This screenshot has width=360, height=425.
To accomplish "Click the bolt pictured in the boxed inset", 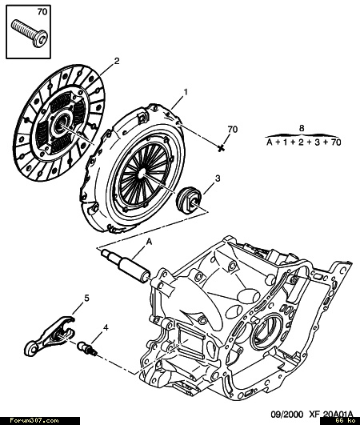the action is click(30, 33).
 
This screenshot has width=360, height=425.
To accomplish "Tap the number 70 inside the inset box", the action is click(42, 12).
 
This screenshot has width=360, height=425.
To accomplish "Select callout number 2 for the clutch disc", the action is click(117, 61).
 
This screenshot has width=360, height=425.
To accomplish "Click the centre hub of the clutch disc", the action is click(60, 124).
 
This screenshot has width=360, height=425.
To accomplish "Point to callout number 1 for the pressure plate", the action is click(186, 92).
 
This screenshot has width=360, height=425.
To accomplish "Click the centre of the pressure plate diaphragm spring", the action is click(142, 173).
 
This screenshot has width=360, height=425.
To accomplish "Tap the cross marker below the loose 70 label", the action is click(222, 148).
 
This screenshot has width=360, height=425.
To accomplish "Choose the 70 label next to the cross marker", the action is click(232, 130).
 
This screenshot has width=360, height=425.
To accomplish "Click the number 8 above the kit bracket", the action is click(302, 128).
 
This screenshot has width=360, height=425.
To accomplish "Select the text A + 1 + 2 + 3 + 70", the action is click(303, 142).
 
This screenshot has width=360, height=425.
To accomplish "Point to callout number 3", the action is click(218, 178).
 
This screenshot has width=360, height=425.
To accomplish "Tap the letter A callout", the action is click(149, 242).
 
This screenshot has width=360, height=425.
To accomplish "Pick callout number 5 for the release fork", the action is click(86, 299).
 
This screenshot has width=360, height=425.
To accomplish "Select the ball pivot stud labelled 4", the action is click(87, 348).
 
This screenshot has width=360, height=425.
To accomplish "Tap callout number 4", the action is click(106, 327).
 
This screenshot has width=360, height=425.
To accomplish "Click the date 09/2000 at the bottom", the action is click(287, 415).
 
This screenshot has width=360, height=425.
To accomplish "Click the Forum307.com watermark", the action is click(34, 421).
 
